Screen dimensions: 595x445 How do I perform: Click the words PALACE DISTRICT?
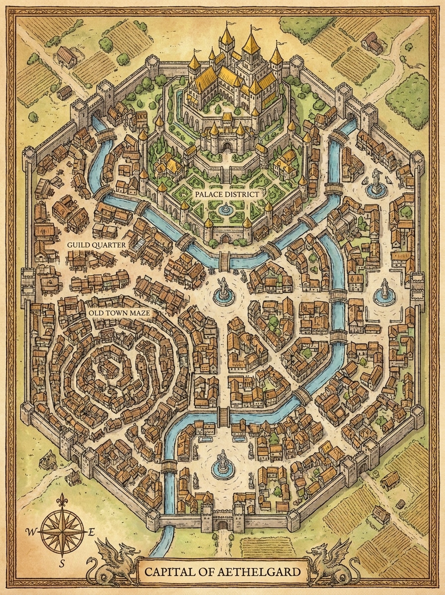point(226,194)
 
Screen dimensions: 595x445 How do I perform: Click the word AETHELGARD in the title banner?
point(262,572)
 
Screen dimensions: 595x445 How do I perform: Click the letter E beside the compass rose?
point(91,532)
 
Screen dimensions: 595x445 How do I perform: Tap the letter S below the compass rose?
point(62,563)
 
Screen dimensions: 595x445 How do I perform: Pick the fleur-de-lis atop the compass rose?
point(62,500)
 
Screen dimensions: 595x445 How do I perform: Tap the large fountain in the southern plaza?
point(222,466)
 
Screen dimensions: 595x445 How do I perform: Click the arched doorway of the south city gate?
point(222,525)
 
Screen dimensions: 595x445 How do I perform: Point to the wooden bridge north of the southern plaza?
point(223,416)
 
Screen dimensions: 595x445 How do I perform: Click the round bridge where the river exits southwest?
point(169,466)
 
